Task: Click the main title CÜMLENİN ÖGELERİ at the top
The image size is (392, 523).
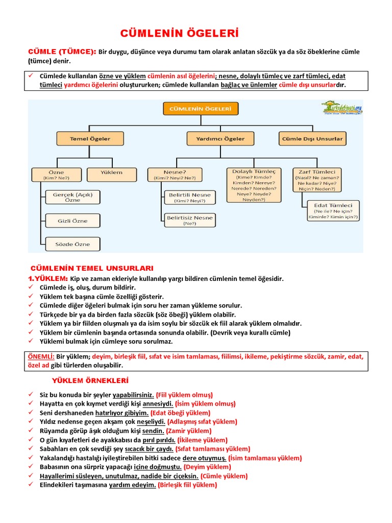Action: (x=179, y=34)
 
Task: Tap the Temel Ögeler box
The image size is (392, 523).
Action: (x=90, y=138)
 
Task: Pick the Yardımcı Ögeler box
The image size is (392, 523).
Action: (x=220, y=138)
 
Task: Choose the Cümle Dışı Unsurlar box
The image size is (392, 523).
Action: (x=312, y=138)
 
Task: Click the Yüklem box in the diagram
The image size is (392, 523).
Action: (x=112, y=173)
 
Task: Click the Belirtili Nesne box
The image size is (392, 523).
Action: (x=189, y=198)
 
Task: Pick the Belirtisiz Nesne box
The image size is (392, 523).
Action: (x=189, y=220)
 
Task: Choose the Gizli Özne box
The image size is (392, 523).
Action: (x=72, y=221)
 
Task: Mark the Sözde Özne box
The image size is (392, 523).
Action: (x=72, y=244)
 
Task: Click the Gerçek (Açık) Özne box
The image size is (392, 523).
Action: (x=72, y=197)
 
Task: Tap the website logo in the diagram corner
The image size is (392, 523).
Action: (x=341, y=108)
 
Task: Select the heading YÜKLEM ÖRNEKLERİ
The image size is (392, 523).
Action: (x=90, y=381)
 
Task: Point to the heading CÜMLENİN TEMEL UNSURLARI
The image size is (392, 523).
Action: (x=92, y=268)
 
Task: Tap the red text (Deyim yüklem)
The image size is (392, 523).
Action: (x=207, y=467)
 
